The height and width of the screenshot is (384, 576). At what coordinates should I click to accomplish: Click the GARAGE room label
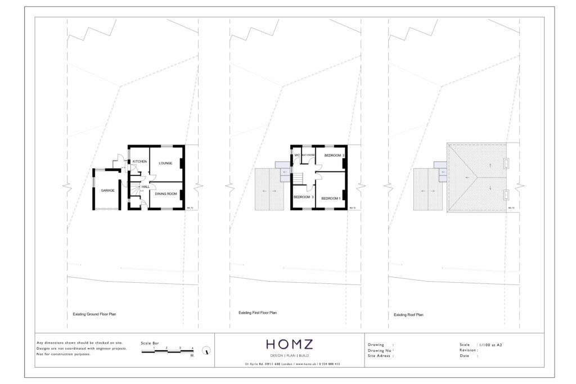click(x=108, y=191)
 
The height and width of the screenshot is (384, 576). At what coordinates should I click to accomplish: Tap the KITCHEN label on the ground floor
click(x=139, y=161)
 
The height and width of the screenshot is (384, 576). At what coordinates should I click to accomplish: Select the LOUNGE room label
click(x=165, y=163)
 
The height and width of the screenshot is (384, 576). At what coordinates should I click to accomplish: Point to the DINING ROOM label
click(x=166, y=194)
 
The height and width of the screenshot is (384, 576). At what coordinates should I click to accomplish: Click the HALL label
click(x=145, y=186)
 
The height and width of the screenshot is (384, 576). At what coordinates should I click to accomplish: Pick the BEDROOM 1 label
click(x=331, y=198)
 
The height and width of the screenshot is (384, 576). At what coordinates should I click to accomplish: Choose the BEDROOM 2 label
click(x=335, y=155)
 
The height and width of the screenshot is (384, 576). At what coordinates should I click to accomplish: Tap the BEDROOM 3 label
click(x=303, y=197)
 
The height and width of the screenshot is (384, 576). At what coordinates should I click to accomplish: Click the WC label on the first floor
click(x=297, y=155)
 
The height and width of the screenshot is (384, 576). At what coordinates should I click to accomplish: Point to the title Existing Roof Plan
click(x=408, y=315)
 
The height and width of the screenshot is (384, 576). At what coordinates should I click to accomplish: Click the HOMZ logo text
click(x=289, y=344)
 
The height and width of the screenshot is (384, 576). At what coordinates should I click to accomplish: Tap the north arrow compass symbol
click(x=208, y=351)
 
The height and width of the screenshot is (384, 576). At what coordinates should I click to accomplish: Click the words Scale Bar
click(x=150, y=342)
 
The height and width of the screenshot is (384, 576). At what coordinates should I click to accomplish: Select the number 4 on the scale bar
click(x=192, y=349)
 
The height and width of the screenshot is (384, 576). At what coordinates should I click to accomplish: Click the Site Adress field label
click(x=379, y=356)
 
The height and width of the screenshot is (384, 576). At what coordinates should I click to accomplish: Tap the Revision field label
click(x=468, y=350)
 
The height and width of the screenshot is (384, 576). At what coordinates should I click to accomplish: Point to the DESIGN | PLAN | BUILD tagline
click(x=289, y=356)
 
